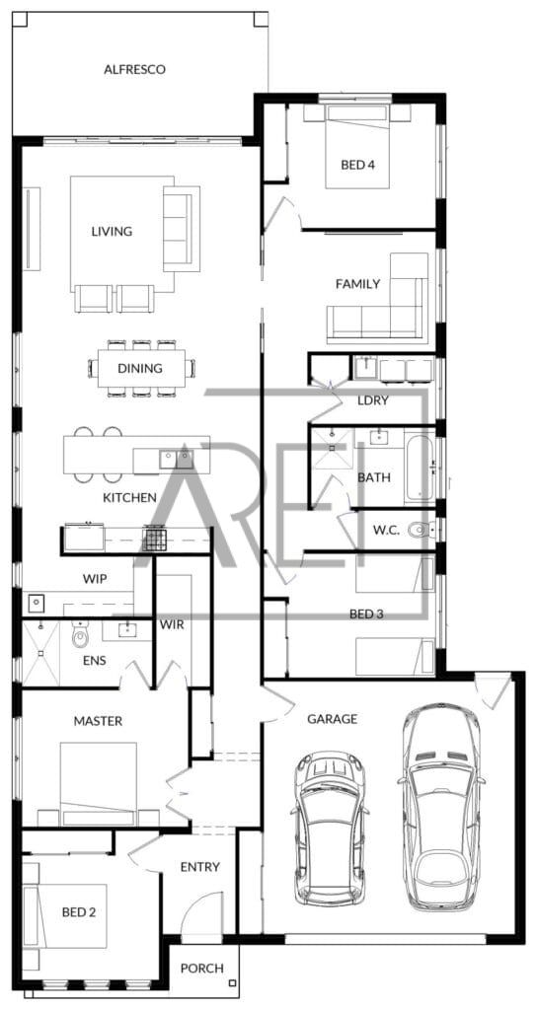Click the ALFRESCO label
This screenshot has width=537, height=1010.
point(134,70)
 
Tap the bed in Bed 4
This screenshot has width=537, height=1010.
point(357,146)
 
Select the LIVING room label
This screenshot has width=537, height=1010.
point(112,231)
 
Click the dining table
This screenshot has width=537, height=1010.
point(141,369)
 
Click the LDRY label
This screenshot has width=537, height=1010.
point(372,400)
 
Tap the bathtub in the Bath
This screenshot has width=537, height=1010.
point(419,467)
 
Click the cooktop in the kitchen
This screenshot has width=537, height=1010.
point(155,539)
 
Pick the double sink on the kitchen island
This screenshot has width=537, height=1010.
point(176,459)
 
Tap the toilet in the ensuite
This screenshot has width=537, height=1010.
point(80,635)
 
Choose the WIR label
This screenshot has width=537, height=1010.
point(171,624)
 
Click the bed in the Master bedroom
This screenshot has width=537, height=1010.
point(99,783)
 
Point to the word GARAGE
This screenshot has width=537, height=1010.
point(332,719)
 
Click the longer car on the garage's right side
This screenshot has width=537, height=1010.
point(441,807)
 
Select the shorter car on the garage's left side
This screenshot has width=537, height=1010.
point(330,830)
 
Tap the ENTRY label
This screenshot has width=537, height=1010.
point(199,867)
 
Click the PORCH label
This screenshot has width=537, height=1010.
point(201,969)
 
